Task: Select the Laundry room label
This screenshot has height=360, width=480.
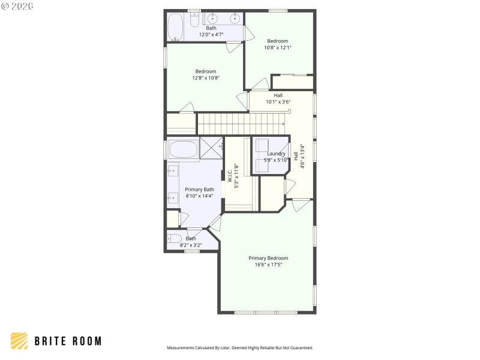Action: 276,154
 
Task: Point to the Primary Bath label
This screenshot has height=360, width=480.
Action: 199,190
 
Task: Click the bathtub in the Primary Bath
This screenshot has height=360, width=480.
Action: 183,149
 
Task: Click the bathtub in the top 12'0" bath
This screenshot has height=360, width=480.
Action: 175,26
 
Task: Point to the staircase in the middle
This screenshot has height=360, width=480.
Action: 240,124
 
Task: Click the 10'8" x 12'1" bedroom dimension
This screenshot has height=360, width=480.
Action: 278,47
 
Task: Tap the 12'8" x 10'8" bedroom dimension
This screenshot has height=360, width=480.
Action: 206,77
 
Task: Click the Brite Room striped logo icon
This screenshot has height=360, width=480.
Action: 19,341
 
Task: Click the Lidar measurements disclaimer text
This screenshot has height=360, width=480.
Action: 239,348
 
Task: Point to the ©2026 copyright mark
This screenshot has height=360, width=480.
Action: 17,6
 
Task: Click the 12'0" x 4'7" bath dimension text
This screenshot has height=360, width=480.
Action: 211,35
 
